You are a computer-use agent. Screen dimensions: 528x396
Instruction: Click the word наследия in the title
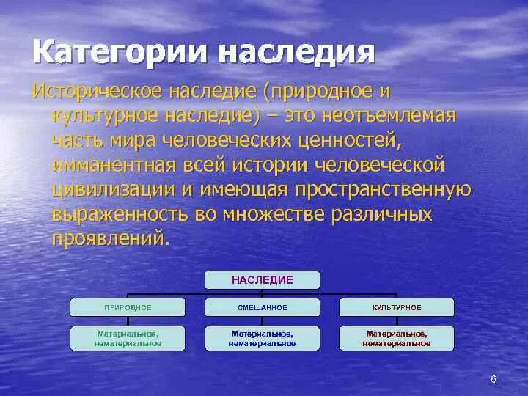click(297, 52)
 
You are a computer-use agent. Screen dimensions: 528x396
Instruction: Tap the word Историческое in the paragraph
click(98, 92)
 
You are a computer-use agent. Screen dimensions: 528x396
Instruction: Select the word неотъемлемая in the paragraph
click(389, 116)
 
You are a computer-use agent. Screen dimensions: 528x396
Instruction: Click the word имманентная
click(114, 166)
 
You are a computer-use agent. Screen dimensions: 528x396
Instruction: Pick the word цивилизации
click(114, 190)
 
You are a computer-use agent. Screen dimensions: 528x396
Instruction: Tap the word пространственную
click(384, 190)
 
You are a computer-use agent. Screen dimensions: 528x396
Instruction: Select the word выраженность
click(120, 215)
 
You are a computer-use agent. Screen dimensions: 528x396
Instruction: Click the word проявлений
click(109, 239)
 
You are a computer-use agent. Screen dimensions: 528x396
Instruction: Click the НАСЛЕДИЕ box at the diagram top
click(263, 280)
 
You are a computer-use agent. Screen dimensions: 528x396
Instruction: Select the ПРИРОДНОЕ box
click(128, 307)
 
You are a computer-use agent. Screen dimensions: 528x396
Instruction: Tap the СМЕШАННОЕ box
click(263, 307)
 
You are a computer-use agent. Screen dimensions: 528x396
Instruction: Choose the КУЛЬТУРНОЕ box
click(397, 307)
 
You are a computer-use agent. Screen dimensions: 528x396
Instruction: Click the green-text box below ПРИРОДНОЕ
click(128, 338)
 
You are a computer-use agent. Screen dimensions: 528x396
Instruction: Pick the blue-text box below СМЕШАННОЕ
click(263, 338)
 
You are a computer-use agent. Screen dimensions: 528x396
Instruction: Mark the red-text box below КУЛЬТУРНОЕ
click(397, 338)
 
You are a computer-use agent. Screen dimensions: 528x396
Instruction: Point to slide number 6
click(494, 380)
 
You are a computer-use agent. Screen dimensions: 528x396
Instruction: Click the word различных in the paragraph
click(381, 215)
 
